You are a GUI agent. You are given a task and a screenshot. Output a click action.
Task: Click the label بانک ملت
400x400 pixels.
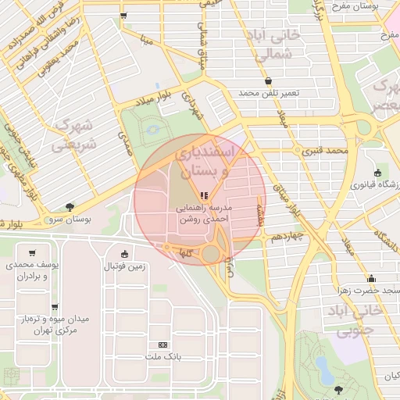coord(162,356)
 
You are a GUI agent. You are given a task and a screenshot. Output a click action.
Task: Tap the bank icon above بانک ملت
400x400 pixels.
coord(162,345)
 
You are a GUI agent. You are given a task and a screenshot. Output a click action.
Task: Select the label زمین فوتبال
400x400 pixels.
coord(129,266)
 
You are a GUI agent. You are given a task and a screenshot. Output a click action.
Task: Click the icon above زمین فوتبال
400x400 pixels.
coord(124,253)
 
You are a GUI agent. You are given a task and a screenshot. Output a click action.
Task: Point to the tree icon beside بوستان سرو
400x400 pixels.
coord(70,207)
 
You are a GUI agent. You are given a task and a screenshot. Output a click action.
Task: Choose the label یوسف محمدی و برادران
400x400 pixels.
coord(32,271)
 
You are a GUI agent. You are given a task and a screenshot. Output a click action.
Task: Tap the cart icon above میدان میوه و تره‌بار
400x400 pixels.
coord(54,307)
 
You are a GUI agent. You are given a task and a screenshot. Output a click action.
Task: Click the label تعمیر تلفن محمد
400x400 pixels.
coord(269,93)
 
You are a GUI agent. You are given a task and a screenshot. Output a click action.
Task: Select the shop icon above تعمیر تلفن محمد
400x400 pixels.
coord(269,81)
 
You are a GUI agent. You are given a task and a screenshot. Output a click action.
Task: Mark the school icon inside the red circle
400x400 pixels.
coord(203,195)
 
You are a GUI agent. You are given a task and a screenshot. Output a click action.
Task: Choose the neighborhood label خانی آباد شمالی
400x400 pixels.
coord(280,44)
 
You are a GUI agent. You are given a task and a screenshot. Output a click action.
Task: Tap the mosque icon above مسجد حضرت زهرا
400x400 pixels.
coord(372,278)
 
